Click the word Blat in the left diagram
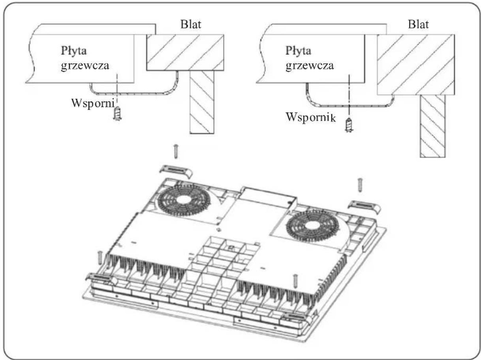pos(191,24)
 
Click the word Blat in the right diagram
pos(418,24)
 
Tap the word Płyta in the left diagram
pos(74,51)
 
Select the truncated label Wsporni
pos(93,103)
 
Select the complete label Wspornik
pos(310,118)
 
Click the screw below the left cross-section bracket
pos(117,113)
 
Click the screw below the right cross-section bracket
pos(349,125)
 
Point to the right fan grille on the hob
pos(313,227)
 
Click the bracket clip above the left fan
pos(176,171)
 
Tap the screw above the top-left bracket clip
pos(175,151)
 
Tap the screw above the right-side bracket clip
pos(360,185)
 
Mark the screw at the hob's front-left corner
pos(100,258)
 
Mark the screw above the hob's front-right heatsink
pos(295,281)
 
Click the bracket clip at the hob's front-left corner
pos(101,279)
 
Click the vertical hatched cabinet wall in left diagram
pos(202,102)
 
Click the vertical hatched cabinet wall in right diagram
pos(432,126)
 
